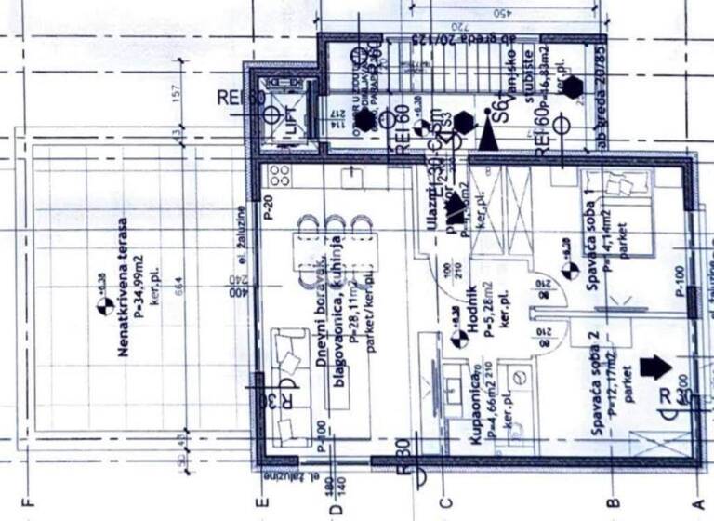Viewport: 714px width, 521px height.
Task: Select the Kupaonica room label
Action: point(477,402)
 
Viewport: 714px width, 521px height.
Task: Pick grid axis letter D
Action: point(337,507)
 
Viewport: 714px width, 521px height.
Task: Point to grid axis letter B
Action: point(613,506)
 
